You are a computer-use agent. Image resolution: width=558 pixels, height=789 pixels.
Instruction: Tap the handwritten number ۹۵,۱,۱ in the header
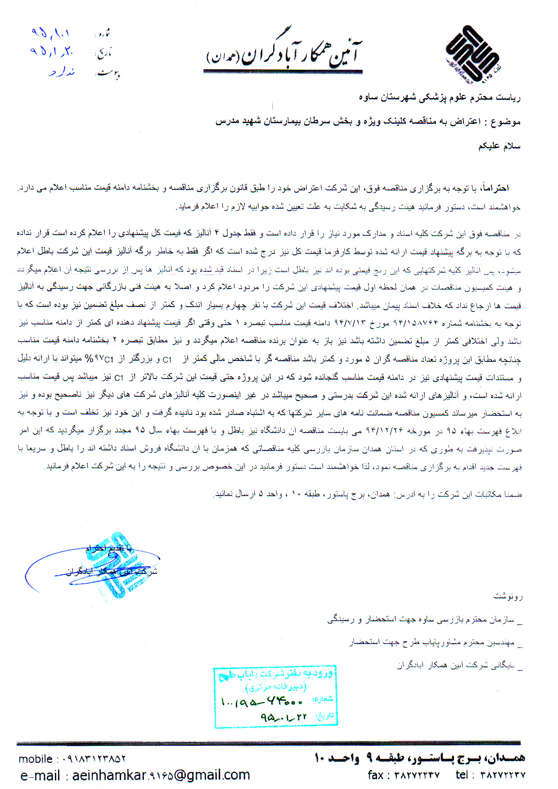point(50,33)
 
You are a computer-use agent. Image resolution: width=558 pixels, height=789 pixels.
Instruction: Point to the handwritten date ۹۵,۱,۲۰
point(51,52)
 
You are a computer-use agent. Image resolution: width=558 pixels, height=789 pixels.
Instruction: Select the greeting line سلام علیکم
point(499,146)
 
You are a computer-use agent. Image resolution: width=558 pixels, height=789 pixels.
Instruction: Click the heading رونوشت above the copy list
point(508,597)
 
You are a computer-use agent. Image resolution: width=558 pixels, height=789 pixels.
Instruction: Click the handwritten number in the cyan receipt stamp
point(261,701)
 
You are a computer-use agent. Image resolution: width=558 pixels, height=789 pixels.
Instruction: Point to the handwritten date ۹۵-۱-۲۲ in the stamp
point(283,717)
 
